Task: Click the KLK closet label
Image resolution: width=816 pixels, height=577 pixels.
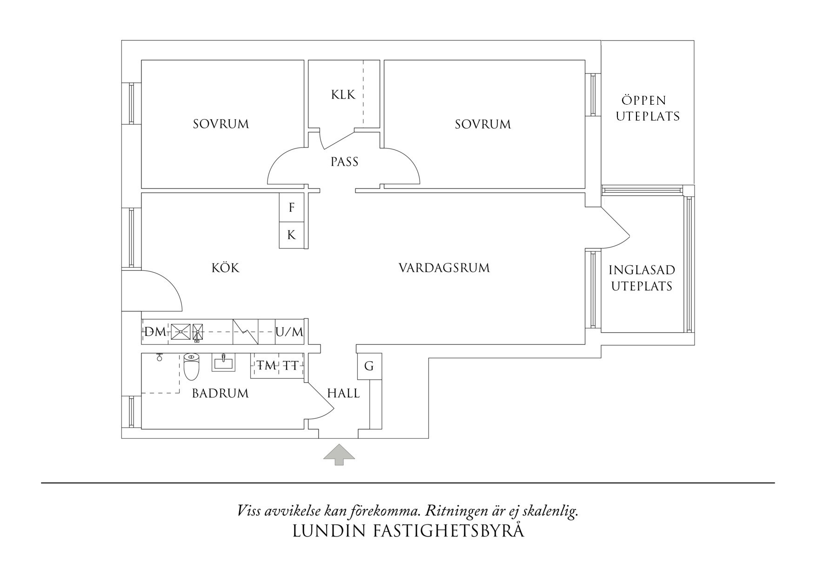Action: point(343,94)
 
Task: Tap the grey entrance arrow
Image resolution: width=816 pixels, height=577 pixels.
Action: point(339,455)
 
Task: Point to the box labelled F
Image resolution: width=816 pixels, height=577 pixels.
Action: point(292,207)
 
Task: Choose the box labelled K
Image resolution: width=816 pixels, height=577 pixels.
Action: point(292,235)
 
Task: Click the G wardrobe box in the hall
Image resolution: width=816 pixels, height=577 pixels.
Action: point(369,366)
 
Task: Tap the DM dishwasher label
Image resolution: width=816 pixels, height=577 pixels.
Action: point(155,332)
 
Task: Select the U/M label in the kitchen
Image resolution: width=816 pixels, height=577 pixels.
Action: point(289,332)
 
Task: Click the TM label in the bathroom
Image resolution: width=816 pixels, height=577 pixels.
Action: point(267,366)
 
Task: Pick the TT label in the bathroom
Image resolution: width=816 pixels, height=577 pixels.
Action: point(291,366)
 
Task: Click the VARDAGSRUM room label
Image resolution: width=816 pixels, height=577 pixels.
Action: point(444,268)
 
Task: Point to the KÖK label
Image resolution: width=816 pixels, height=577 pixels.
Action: point(225,268)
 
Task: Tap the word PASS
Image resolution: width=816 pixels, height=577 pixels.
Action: point(344,162)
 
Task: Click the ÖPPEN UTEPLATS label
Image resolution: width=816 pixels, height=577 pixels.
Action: point(648,108)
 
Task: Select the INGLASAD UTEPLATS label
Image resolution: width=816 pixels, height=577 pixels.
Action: point(642,278)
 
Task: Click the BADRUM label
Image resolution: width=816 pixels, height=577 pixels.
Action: point(220,394)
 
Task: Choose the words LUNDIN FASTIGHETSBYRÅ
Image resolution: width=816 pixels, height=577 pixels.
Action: point(408,531)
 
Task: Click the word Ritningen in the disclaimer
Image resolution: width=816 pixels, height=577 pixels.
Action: point(454,511)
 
